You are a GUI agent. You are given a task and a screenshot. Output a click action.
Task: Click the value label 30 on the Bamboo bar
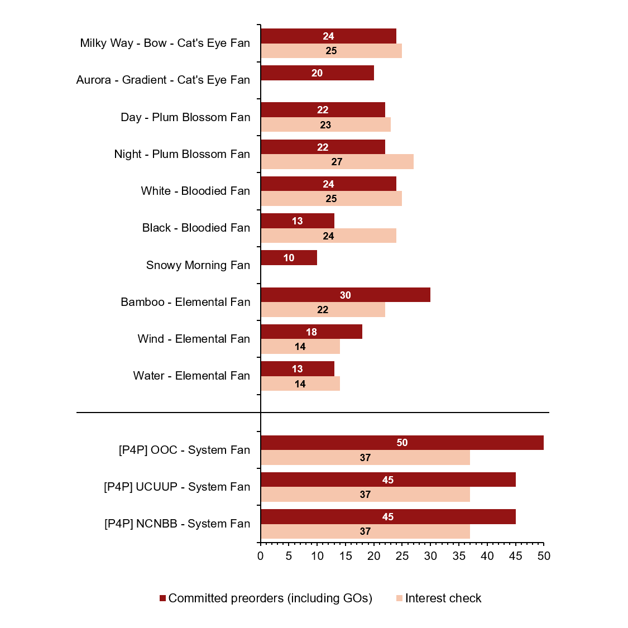pyautogui.click(x=346, y=295)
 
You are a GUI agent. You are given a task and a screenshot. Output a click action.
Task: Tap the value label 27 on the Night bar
pyautogui.click(x=337, y=162)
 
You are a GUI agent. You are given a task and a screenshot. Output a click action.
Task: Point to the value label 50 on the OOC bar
pyautogui.click(x=402, y=443)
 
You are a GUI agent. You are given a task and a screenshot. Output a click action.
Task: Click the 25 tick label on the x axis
pyautogui.click(x=402, y=556)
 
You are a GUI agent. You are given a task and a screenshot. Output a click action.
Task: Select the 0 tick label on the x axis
pyautogui.click(x=261, y=556)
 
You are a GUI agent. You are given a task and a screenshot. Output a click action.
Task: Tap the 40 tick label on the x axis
pyautogui.click(x=487, y=556)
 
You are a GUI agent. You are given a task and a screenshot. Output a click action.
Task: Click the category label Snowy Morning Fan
pyautogui.click(x=198, y=265)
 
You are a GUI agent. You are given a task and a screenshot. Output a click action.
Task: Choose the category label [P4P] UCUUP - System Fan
pyautogui.click(x=177, y=487)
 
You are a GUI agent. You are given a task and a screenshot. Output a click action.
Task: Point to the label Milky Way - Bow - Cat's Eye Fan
pyautogui.click(x=165, y=44)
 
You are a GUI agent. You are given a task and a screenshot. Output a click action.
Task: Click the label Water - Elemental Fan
pyautogui.click(x=191, y=376)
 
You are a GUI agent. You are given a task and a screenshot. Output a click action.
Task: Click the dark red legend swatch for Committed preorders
pyautogui.click(x=162, y=598)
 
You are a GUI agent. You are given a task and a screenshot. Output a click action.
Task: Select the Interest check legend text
pyautogui.click(x=443, y=598)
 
